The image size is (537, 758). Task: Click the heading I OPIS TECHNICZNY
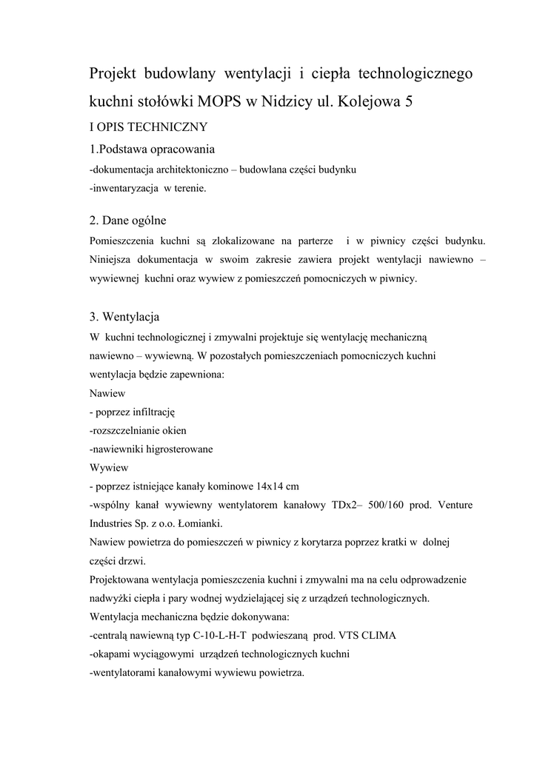point(148,126)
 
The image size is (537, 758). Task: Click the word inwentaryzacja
point(125,188)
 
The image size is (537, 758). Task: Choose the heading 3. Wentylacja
point(124,317)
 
